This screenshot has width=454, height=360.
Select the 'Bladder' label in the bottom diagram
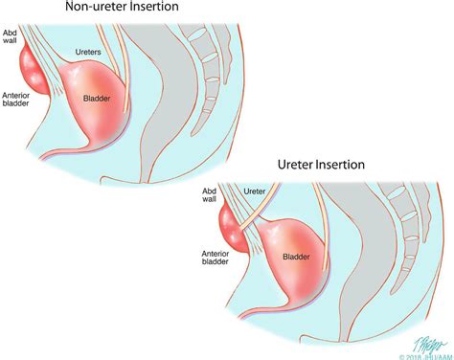click(x=298, y=257)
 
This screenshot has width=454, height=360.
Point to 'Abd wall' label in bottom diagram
click(x=211, y=197)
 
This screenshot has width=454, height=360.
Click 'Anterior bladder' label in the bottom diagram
click(x=215, y=259)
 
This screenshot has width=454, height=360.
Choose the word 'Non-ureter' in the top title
click(x=101, y=10)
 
